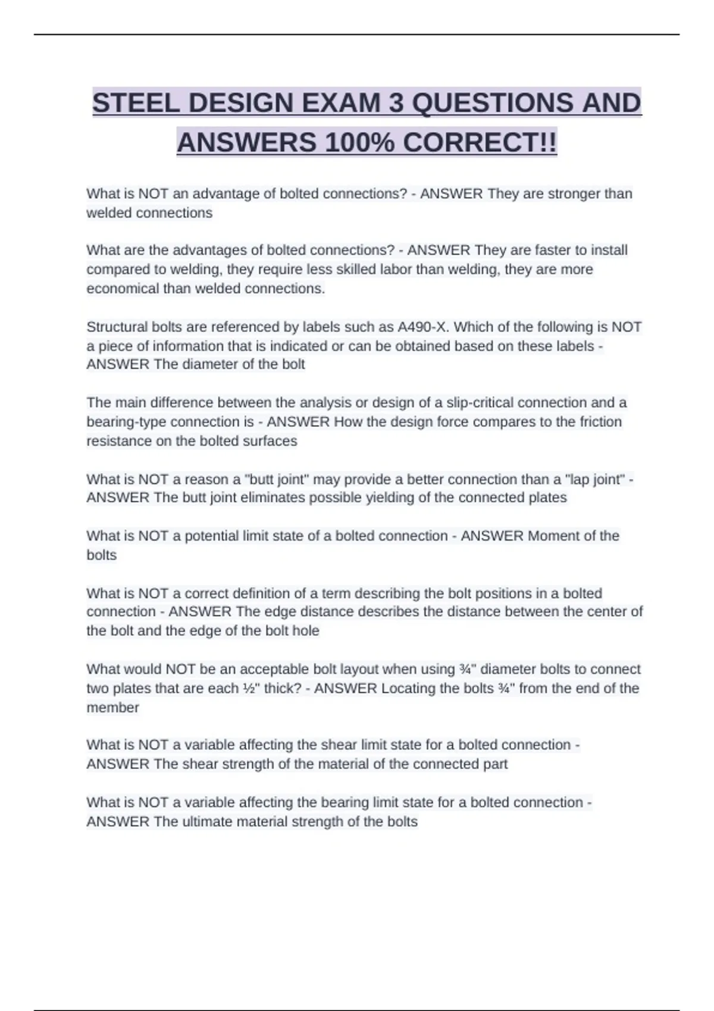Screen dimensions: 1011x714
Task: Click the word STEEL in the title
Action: tap(135, 103)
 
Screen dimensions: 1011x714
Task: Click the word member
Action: tap(112, 708)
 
